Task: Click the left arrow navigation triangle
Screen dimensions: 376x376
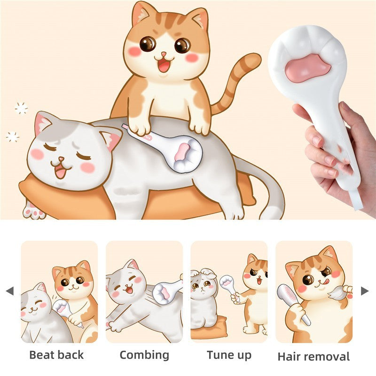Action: tap(9, 291)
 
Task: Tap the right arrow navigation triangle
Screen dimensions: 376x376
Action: tap(365, 291)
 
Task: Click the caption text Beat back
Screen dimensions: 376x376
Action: tap(57, 355)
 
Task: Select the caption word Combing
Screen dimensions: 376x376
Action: tap(144, 355)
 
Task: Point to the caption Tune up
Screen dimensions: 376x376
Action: tap(229, 355)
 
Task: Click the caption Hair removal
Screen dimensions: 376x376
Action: tap(313, 356)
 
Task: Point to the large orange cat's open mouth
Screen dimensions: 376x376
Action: tap(164, 65)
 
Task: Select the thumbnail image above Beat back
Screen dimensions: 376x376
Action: tap(59, 291)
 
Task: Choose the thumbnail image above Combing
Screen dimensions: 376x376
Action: tap(144, 291)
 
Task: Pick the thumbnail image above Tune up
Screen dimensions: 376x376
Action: tap(229, 291)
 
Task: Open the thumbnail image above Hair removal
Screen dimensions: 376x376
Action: tap(313, 291)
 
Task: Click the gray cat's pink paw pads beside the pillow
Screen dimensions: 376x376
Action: tap(34, 211)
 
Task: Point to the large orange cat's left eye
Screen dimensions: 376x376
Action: tap(148, 44)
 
